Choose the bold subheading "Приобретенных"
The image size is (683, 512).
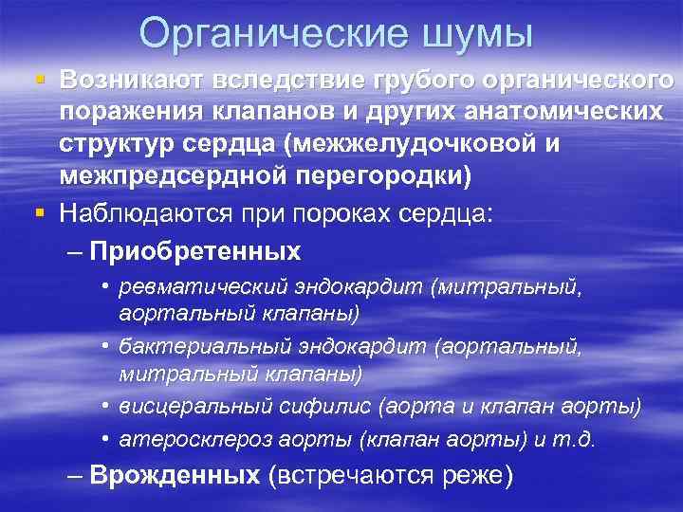coord(196,252)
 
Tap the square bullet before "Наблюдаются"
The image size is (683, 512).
coord(39,214)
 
